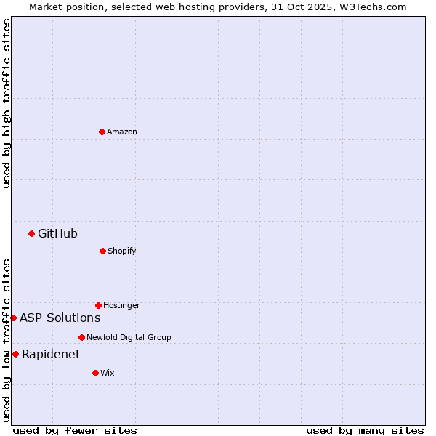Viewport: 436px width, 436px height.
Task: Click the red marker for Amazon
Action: [102, 132]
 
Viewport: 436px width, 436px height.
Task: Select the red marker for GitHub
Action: [31, 233]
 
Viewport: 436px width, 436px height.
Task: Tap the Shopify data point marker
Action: [102, 251]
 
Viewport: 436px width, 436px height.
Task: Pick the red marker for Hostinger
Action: [98, 305]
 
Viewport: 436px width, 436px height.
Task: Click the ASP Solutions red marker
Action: [13, 318]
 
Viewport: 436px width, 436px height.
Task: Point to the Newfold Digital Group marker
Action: [81, 337]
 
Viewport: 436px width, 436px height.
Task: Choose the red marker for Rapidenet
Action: [15, 354]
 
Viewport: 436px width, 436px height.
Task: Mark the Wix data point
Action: [95, 373]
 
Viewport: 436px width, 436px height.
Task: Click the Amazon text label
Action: [122, 132]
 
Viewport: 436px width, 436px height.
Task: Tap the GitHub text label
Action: [57, 233]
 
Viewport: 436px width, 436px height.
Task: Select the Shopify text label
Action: [121, 251]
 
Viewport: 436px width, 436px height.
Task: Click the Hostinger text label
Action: [121, 305]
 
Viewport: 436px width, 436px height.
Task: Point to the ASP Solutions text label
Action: [60, 318]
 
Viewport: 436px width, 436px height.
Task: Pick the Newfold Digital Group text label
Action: [129, 337]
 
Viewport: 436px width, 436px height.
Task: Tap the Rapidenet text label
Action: [51, 354]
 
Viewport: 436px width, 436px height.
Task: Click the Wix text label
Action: [108, 373]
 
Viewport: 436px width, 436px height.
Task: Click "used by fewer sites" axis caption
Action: [75, 430]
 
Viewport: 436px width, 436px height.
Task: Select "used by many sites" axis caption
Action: [365, 430]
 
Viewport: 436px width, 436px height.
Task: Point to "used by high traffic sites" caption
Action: [7, 103]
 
